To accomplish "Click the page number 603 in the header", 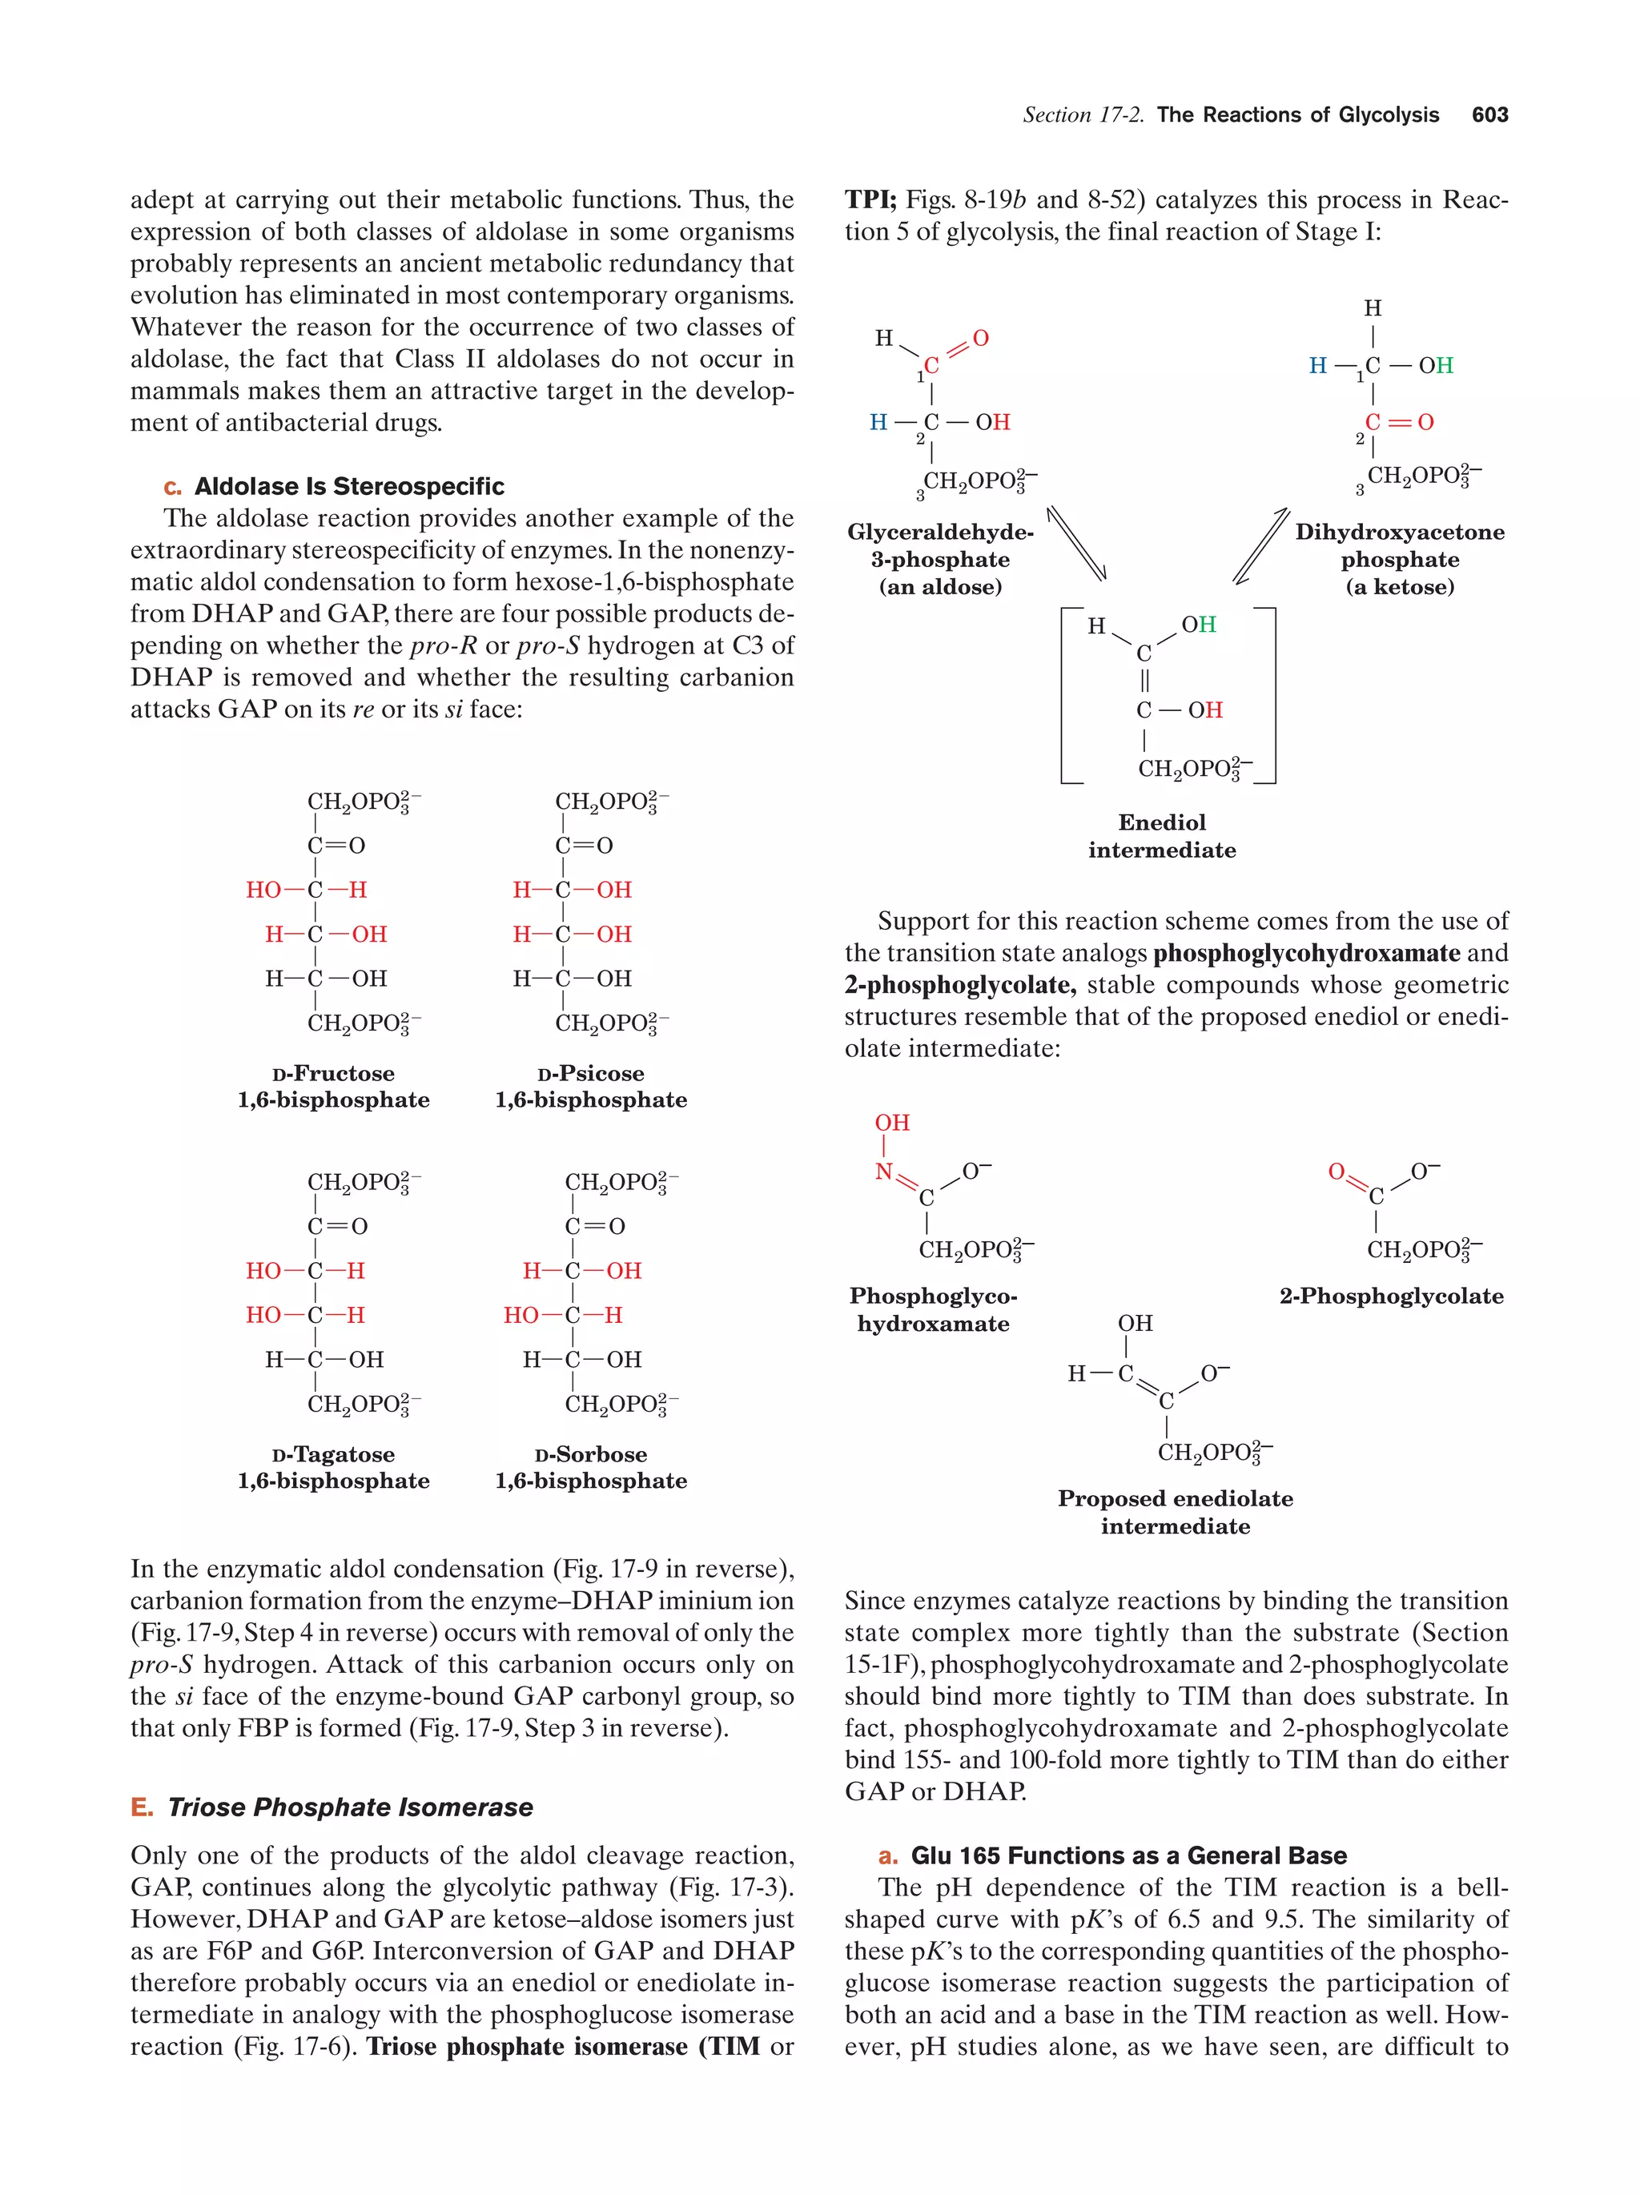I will (1489, 115).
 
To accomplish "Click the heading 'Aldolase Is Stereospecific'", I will (348, 486).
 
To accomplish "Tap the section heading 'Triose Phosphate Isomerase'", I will (349, 1807).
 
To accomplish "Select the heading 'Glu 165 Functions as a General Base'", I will (1128, 1855).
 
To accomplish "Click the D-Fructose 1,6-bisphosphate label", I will (333, 1087).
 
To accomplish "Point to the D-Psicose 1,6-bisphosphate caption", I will (590, 1087).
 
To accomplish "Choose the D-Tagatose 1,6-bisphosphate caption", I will (333, 1468).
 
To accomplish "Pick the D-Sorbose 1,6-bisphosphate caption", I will (590, 1468).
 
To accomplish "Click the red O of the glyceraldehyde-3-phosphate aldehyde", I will (980, 339).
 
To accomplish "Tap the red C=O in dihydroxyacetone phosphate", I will (1399, 423).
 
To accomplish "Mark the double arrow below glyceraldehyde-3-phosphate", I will (1076, 544).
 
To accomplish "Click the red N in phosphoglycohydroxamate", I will (883, 1172).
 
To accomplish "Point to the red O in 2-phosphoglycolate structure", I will (1337, 1172).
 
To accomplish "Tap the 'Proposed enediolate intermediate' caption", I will (1175, 1512).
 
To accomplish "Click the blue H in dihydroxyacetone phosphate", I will (1317, 366).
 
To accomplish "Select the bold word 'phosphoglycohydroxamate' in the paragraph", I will (1305, 954).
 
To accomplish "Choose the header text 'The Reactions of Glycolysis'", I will (1298, 115).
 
